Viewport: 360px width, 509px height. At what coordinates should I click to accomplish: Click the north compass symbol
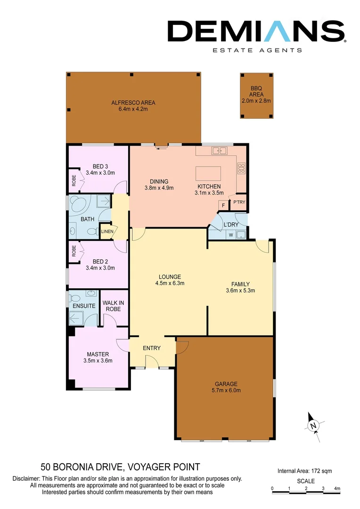click(312, 426)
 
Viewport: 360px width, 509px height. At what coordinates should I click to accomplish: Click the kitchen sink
click(219, 151)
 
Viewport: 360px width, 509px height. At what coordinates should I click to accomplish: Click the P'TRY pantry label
click(237, 203)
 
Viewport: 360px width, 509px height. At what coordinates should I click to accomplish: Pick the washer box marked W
click(230, 234)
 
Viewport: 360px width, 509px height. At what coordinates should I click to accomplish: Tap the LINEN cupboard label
click(107, 231)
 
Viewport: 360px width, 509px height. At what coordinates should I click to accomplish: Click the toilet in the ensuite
click(74, 297)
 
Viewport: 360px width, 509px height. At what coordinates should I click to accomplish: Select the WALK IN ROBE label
click(112, 306)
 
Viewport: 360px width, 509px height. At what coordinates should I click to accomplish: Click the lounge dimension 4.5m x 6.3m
click(170, 283)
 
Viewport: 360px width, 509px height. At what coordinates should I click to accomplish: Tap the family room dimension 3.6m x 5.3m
click(240, 290)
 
